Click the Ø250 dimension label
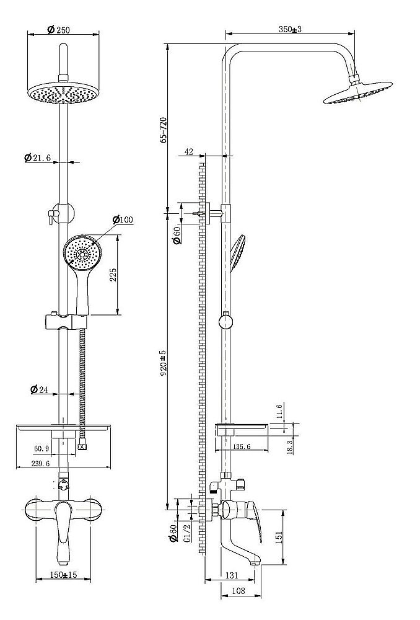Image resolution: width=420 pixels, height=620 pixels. point(58,29)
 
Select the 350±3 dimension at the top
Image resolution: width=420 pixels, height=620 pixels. point(291,29)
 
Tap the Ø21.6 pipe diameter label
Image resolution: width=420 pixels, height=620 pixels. point(37,157)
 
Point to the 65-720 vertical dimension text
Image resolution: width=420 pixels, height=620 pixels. point(163,130)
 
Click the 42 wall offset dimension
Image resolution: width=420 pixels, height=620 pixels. point(189,151)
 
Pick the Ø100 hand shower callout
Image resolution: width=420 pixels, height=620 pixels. point(123,219)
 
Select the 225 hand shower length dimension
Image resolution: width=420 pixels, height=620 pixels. point(113,275)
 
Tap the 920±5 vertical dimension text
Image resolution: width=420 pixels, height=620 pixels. point(163,362)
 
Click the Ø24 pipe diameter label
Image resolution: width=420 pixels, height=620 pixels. point(39,389)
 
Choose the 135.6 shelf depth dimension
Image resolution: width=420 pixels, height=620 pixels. point(242,446)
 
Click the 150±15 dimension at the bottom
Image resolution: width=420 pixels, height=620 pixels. point(63,575)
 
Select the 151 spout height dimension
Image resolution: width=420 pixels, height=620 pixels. point(278,536)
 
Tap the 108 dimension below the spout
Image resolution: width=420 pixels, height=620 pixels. point(238,591)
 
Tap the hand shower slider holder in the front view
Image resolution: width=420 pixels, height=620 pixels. point(66,321)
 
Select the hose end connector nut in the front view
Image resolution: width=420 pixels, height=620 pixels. point(82,447)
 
